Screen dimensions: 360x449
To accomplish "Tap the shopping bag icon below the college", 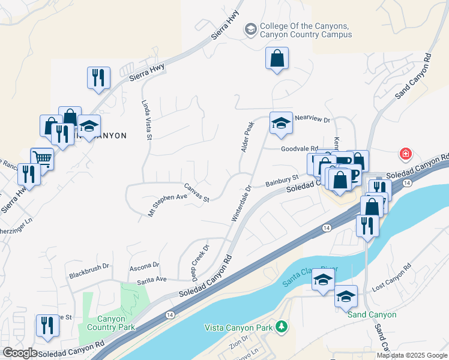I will pyautogui.click(x=277, y=59).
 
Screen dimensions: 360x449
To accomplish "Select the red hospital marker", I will pyautogui.click(x=406, y=154).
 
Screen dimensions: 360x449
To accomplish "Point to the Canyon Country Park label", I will pyautogui.click(x=106, y=323).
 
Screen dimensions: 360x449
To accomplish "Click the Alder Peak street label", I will pyautogui.click(x=248, y=136).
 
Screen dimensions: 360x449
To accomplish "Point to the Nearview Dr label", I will pyautogui.click(x=312, y=120).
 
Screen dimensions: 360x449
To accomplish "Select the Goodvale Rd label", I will pyautogui.click(x=298, y=149).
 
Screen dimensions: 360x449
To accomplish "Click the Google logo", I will pyautogui.click(x=19, y=353).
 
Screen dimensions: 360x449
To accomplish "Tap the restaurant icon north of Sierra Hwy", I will pyautogui.click(x=98, y=77).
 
